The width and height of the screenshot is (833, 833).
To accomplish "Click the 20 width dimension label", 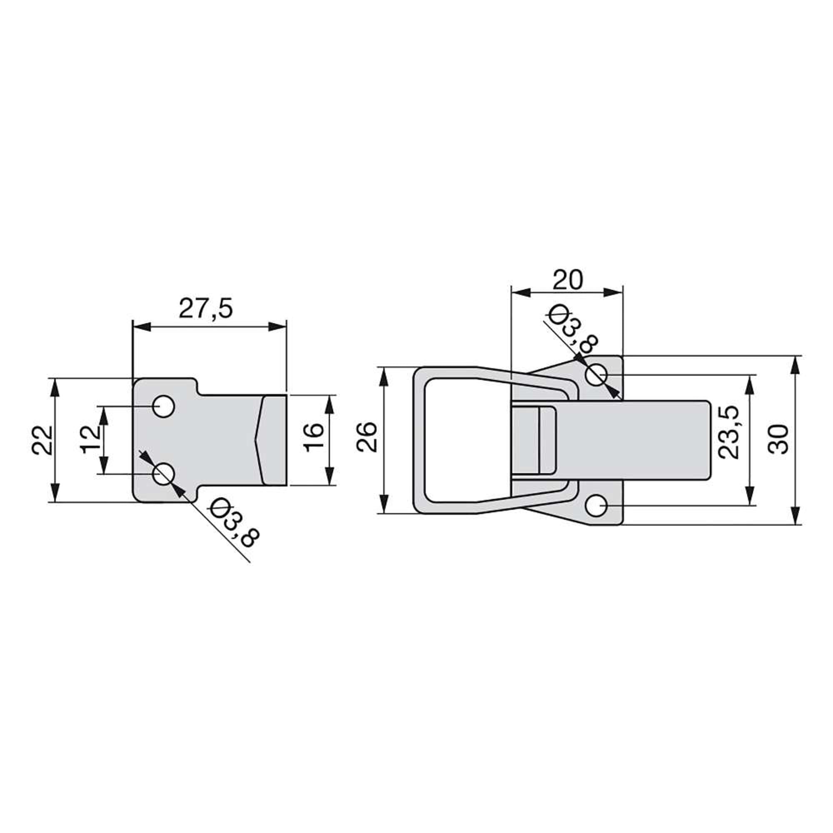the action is tap(568, 280).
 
